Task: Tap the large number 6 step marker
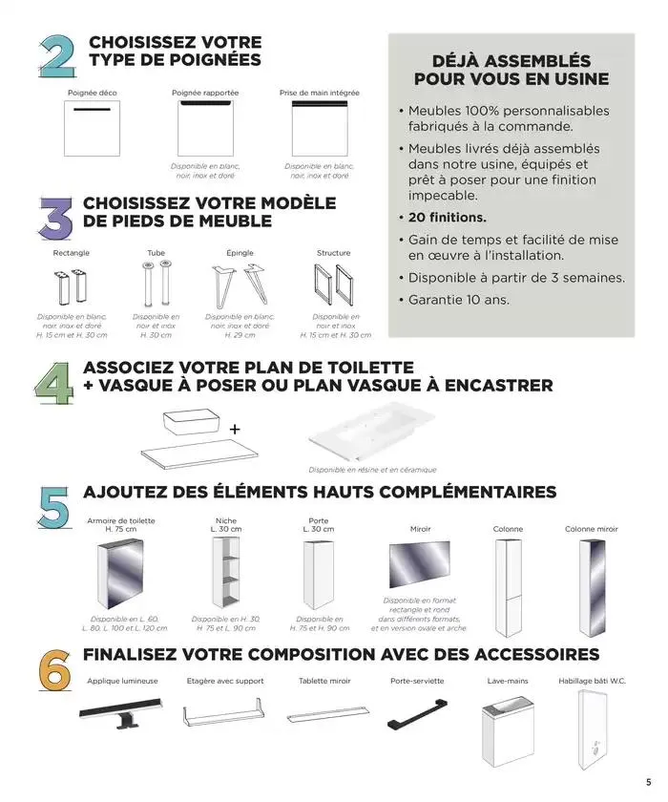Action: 54,668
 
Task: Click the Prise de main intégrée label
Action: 320,93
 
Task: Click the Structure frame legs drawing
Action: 333,285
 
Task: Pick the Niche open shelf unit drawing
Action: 225,573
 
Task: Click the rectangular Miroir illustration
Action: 419,564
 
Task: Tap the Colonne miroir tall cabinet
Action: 592,575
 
